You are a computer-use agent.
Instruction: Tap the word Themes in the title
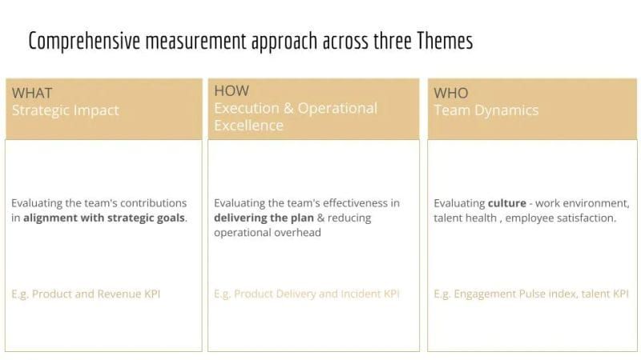[x=445, y=42]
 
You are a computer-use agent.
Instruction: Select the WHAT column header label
[x=32, y=93]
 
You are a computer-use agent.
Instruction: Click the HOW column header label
[x=232, y=90]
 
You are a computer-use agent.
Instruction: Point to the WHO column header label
[x=451, y=93]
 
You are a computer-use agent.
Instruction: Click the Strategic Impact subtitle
[x=65, y=110]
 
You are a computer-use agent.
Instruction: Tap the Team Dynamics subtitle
[x=486, y=110]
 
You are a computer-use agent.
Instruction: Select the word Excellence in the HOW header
[x=248, y=126]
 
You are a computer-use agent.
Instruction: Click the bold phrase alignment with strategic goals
[x=104, y=218]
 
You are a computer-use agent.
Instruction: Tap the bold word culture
[x=506, y=203]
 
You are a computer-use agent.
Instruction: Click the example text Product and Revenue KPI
[x=96, y=294]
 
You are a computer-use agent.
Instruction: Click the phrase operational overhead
[x=267, y=232]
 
